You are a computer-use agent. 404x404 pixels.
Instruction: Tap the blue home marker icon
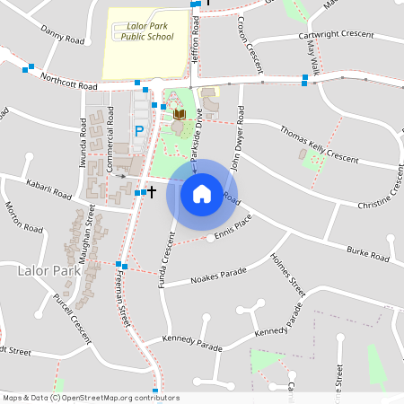point(202,194)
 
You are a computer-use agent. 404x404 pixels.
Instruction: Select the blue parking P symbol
point(139,131)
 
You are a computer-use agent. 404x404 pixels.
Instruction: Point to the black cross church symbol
point(152,191)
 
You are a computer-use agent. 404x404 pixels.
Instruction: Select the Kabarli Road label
point(48,189)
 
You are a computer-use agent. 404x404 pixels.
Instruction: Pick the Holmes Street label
point(288,274)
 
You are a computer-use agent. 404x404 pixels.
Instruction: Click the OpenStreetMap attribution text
point(91,398)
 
